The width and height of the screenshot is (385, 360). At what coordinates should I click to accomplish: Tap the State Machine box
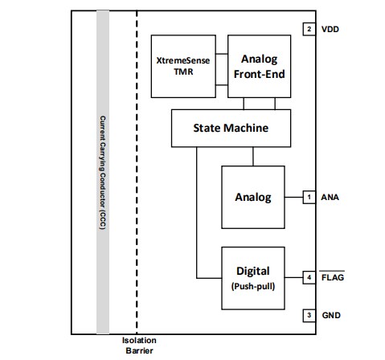pyautogui.click(x=230, y=128)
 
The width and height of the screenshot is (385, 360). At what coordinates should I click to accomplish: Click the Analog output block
pyautogui.click(x=252, y=196)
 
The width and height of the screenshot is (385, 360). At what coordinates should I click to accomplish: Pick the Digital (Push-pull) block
pyautogui.click(x=252, y=277)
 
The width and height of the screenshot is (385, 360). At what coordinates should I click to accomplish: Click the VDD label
pyautogui.click(x=332, y=29)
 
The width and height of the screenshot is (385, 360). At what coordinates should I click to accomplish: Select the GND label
pyautogui.click(x=332, y=315)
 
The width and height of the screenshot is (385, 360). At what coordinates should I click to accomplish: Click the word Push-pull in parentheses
pyautogui.click(x=252, y=284)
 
